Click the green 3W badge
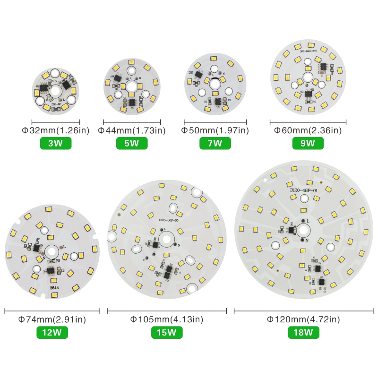(56, 143)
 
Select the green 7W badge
(215, 143)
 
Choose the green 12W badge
(52, 332)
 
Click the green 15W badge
(167, 332)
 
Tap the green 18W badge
(303, 332)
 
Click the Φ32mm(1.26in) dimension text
(56, 130)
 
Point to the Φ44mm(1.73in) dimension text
(132, 130)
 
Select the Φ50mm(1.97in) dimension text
(215, 130)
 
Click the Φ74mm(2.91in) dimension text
(52, 320)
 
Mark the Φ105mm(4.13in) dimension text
(167, 320)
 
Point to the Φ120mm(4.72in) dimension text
(303, 320)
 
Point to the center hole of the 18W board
(303, 231)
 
